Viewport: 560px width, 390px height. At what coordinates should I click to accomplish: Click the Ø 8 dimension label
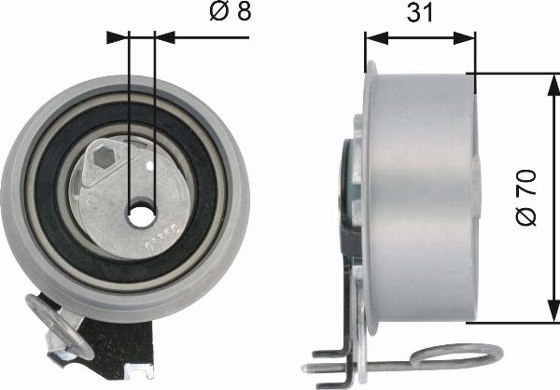click(x=231, y=11)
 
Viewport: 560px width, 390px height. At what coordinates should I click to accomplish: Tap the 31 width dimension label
click(x=420, y=12)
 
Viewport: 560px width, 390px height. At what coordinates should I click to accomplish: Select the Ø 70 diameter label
click(x=526, y=198)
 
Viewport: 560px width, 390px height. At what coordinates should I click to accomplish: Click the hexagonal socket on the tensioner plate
click(x=104, y=159)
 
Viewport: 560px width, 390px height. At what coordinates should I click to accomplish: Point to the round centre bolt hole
click(x=142, y=216)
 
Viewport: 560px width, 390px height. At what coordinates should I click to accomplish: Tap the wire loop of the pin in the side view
click(x=456, y=356)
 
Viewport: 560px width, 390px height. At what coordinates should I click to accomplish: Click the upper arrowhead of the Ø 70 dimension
click(x=553, y=85)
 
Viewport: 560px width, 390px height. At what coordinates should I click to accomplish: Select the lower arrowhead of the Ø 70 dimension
click(x=553, y=310)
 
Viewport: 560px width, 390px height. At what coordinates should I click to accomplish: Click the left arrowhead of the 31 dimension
click(x=377, y=37)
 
